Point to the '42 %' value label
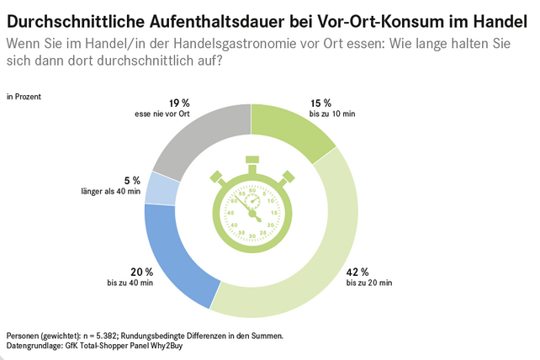click(357, 272)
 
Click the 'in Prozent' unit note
click(24, 97)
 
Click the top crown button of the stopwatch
click(251, 161)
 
